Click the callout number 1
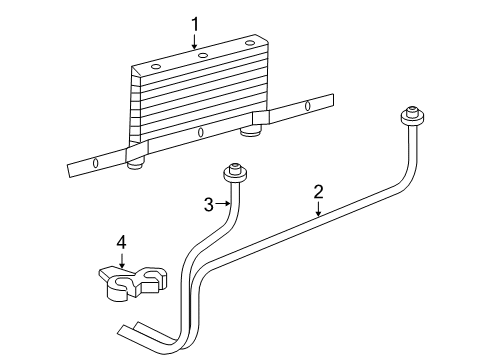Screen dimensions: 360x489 pos(197,23)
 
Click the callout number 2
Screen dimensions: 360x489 pos(318,192)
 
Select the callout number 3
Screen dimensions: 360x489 pos(209,205)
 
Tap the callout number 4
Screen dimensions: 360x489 pos(121,242)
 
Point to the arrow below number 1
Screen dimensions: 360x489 pos(197,41)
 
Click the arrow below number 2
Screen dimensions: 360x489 pos(318,209)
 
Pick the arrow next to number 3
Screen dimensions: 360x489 pos(224,205)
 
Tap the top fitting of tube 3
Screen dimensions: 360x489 pos(236,172)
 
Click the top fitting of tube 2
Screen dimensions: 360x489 pos(409,116)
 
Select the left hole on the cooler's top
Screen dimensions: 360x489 pos(156,67)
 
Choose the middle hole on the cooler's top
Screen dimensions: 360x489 pos(203,55)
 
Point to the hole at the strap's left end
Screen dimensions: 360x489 pos(95,164)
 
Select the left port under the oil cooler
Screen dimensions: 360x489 pos(137,156)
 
